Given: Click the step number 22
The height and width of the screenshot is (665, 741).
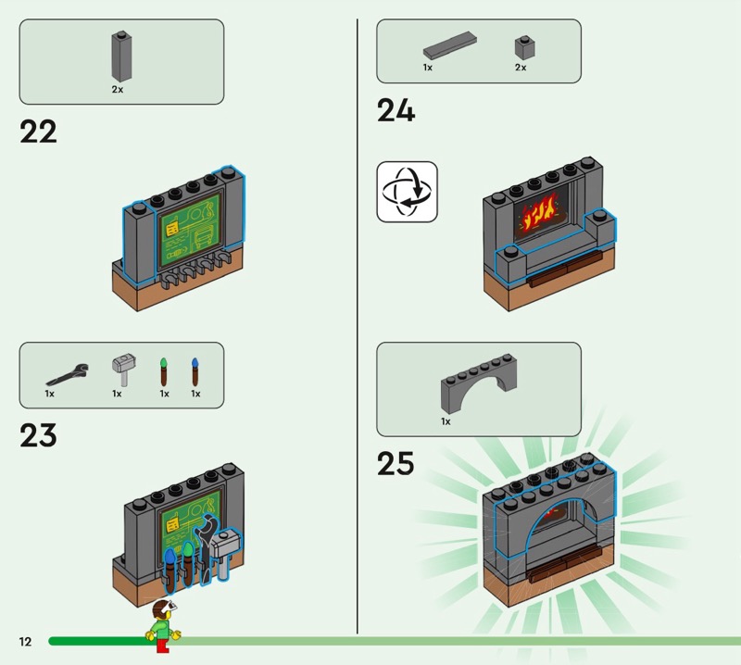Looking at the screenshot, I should click(38, 132).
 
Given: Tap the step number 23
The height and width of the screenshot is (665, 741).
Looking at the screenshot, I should click(38, 435).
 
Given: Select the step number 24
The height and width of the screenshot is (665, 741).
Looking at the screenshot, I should click(396, 111).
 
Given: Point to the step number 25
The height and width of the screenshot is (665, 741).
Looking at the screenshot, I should click(396, 463).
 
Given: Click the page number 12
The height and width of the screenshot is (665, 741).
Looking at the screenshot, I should click(24, 642).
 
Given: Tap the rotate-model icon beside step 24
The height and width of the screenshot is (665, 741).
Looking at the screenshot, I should click(407, 192).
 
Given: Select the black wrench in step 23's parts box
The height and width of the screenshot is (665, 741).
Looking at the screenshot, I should click(68, 374).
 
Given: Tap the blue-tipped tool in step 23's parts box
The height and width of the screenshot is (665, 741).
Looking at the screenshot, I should click(195, 370).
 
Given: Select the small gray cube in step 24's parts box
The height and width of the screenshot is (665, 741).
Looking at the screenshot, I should click(523, 48).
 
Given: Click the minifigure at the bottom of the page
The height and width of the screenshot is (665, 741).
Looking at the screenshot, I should click(163, 621).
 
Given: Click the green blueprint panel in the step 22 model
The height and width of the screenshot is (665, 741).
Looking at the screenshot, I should click(192, 232).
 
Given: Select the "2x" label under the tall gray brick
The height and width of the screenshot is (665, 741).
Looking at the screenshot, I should click(118, 90).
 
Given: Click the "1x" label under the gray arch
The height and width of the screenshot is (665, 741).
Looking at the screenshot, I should click(446, 421).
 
